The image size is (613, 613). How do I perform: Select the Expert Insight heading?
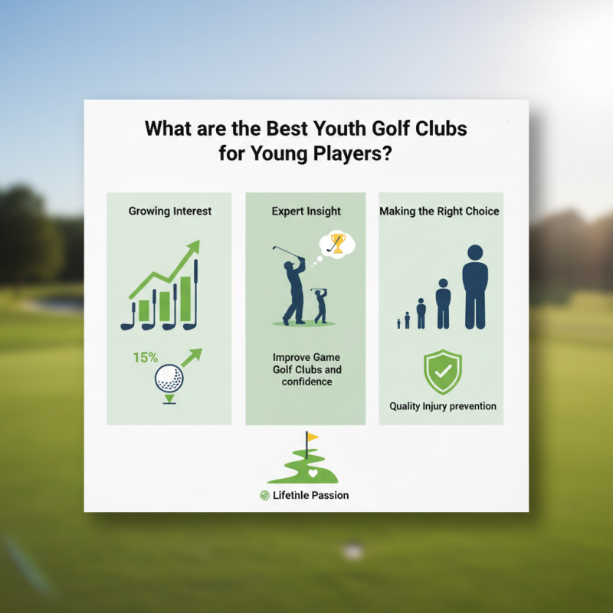coord(306,211)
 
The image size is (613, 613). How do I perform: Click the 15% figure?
coord(145,357)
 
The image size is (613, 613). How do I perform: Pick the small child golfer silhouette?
coord(320,305)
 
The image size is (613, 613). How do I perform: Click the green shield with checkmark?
coord(443,372)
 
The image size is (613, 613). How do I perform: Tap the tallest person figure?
coord(475,287)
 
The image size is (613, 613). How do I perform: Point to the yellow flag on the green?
coord(312,438)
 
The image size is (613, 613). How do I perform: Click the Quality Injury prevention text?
coord(443,406)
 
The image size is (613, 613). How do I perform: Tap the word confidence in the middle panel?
coord(306,382)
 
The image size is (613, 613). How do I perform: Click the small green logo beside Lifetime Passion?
coord(264,496)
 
